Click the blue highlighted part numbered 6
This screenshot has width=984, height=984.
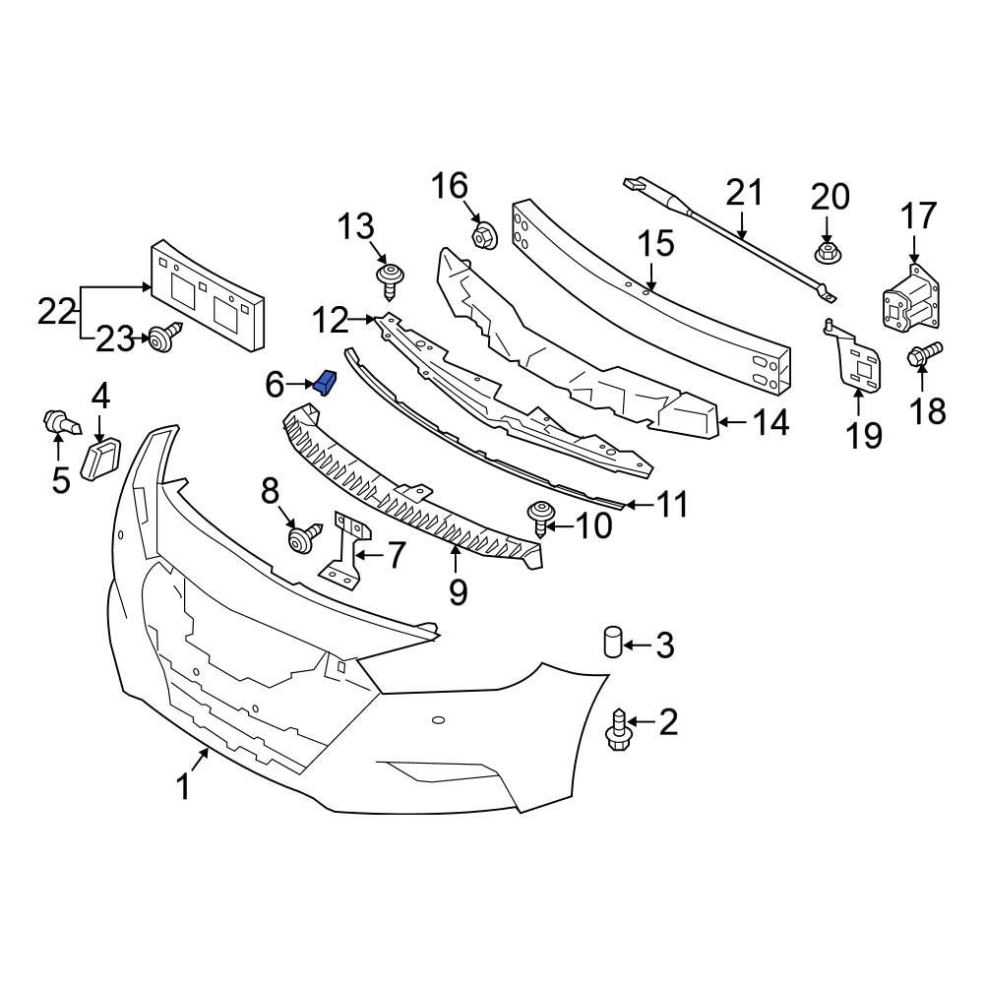pyautogui.click(x=326, y=382)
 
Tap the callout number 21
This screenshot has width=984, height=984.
pyautogui.click(x=744, y=192)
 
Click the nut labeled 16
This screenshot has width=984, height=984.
pyautogui.click(x=483, y=236)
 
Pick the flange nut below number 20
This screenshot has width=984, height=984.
pyautogui.click(x=828, y=253)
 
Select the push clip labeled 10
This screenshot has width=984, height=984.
pyautogui.click(x=539, y=517)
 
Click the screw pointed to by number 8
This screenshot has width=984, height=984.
pyautogui.click(x=303, y=538)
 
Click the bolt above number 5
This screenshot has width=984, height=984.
pyautogui.click(x=60, y=426)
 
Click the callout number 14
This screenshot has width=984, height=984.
pyautogui.click(x=770, y=423)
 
